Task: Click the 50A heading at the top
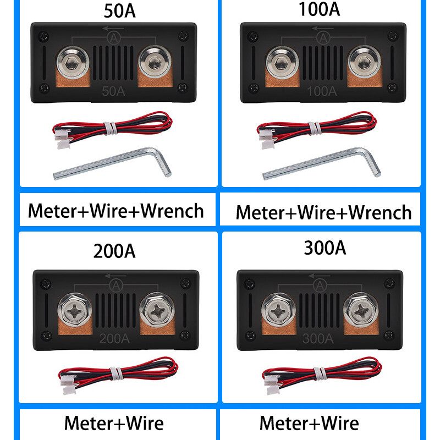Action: coord(119,12)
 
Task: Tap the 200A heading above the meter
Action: coord(114,251)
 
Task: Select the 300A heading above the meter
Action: coord(325,248)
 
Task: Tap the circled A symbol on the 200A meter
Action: coord(116,284)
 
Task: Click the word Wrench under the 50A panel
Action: coord(172,211)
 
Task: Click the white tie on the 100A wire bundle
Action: coord(314,128)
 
